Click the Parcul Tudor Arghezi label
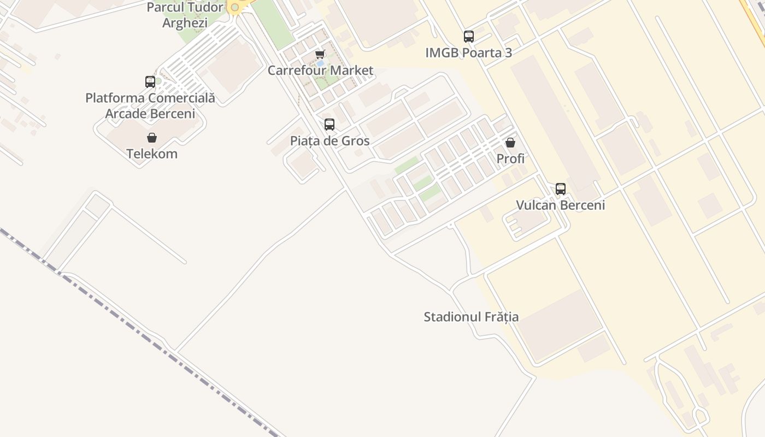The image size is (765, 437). click(185, 15)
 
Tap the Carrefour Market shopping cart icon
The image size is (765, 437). click(320, 54)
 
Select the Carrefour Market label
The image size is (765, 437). click(320, 70)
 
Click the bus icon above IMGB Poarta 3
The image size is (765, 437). click(469, 37)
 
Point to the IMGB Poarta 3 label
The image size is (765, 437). click(469, 53)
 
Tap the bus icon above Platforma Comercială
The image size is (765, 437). click(150, 82)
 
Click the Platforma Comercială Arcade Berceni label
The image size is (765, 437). click(150, 106)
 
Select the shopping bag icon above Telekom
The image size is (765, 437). click(152, 138)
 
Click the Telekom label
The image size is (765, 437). click(152, 154)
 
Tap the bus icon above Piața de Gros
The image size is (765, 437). click(329, 125)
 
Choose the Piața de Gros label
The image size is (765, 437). click(329, 141)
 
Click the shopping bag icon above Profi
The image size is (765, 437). click(510, 143)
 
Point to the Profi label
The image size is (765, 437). click(510, 159)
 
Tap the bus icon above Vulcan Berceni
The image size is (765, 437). click(561, 189)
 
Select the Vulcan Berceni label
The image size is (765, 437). click(561, 205)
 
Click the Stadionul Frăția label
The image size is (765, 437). click(471, 317)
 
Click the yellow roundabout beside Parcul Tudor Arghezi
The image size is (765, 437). click(235, 7)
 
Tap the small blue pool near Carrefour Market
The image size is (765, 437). click(320, 64)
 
